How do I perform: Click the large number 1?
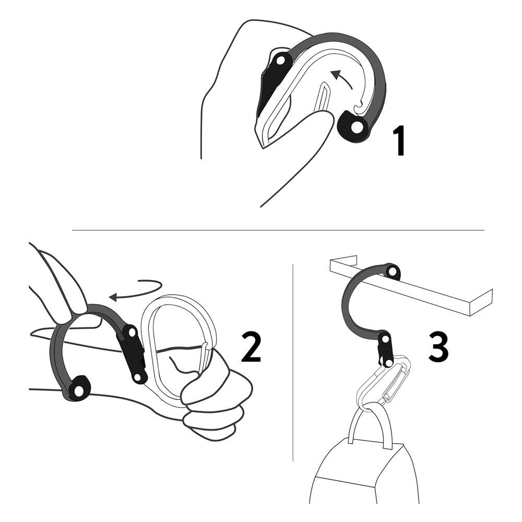click(399, 141)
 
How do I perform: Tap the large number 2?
click(252, 346)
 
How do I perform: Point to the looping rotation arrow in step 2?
click(136, 289)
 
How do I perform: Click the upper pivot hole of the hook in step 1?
click(281, 61)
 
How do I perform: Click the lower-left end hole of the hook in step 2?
click(79, 391)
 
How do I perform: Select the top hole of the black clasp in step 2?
click(132, 332)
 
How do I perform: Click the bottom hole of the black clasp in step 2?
click(137, 378)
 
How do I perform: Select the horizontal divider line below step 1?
click(278, 230)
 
